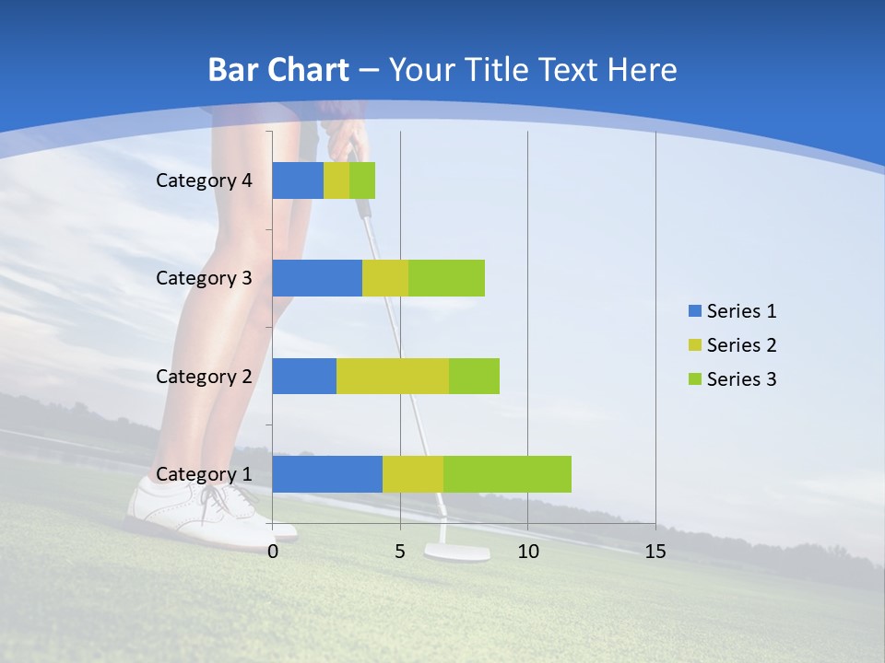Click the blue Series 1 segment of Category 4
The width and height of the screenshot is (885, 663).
point(298,180)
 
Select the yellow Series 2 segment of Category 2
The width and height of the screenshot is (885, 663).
point(392,376)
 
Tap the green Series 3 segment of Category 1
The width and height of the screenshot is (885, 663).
point(507,473)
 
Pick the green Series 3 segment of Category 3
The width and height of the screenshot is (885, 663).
point(446,278)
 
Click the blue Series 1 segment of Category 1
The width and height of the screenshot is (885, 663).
point(327,473)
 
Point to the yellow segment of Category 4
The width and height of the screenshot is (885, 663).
point(336,180)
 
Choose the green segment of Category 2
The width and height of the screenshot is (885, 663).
point(474,376)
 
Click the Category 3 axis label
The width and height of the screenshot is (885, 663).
point(204,278)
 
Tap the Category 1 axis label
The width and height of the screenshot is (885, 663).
point(204,474)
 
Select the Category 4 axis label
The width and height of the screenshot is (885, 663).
point(204,180)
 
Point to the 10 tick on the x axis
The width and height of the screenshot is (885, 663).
point(527,552)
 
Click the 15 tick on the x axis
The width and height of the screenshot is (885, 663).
point(655,552)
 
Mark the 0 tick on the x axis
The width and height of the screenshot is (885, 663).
point(273,552)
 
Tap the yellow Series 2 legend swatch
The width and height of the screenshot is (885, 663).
point(695,345)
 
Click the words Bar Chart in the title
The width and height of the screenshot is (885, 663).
point(277,70)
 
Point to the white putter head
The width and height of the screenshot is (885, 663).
point(456,552)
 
